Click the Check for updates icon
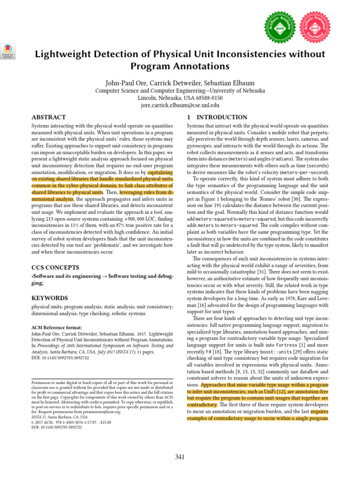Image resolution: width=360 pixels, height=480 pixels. click(x=8, y=50)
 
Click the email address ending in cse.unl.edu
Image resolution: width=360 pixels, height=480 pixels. click(x=180, y=105)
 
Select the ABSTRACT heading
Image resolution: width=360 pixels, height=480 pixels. click(x=48, y=117)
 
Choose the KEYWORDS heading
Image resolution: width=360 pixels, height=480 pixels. click(x=50, y=298)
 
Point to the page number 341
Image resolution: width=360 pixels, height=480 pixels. click(x=180, y=457)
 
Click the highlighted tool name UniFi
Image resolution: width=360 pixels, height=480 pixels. click(x=271, y=391)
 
